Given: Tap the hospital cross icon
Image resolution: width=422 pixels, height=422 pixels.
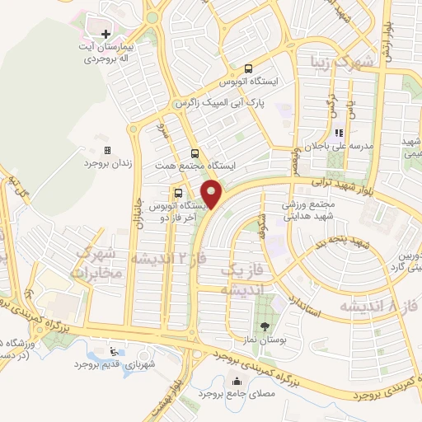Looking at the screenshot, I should tap(105, 34).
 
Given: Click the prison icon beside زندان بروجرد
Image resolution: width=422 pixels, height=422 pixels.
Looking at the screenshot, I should tap(106, 151).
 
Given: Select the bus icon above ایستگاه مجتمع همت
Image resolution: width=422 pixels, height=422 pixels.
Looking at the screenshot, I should tap(195, 153).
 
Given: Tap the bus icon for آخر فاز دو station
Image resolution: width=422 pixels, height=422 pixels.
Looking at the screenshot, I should tap(180, 192).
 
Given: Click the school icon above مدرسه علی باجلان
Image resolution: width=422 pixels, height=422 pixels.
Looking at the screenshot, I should tap(338, 133).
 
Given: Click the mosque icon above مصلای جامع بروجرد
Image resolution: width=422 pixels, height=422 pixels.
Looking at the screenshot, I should tap(237, 381).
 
